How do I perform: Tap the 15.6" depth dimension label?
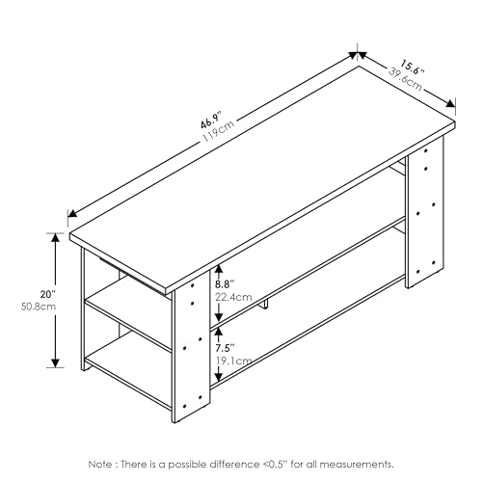coord(413,67)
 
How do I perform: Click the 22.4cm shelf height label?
coord(232,298)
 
